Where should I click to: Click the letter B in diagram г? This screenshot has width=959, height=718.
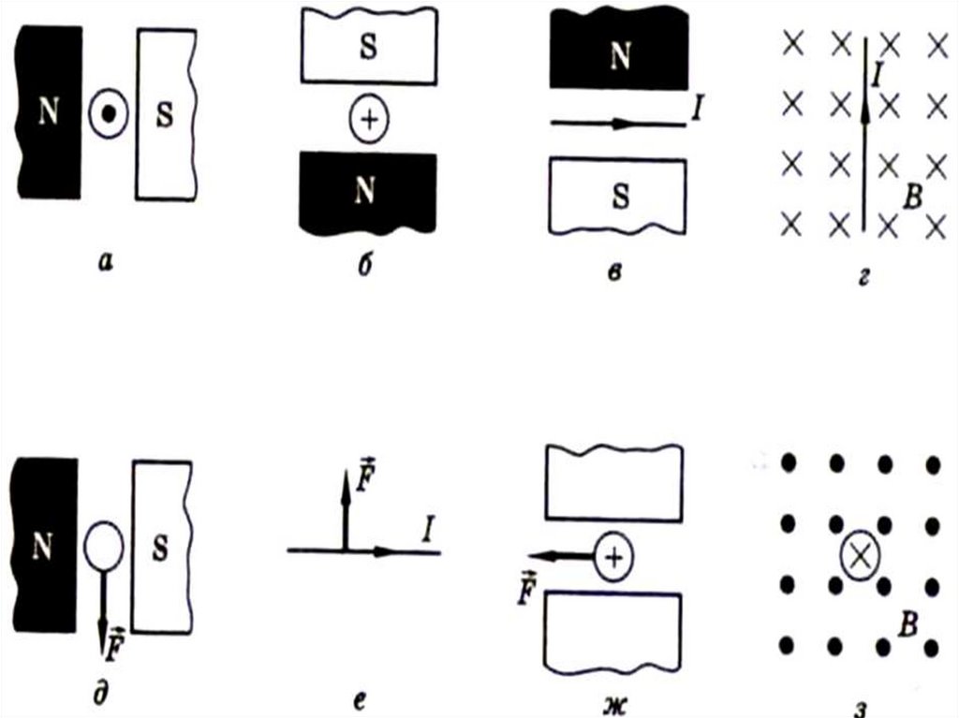point(914,196)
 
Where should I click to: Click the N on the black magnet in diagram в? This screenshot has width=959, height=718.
point(619,55)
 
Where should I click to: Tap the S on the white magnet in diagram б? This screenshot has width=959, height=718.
point(369,49)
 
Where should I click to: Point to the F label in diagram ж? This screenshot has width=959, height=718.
point(530,588)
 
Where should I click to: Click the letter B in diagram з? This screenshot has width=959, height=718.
point(906,626)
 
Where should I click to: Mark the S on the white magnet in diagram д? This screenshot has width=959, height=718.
point(160,549)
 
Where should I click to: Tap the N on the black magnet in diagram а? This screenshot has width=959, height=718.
point(47,113)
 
